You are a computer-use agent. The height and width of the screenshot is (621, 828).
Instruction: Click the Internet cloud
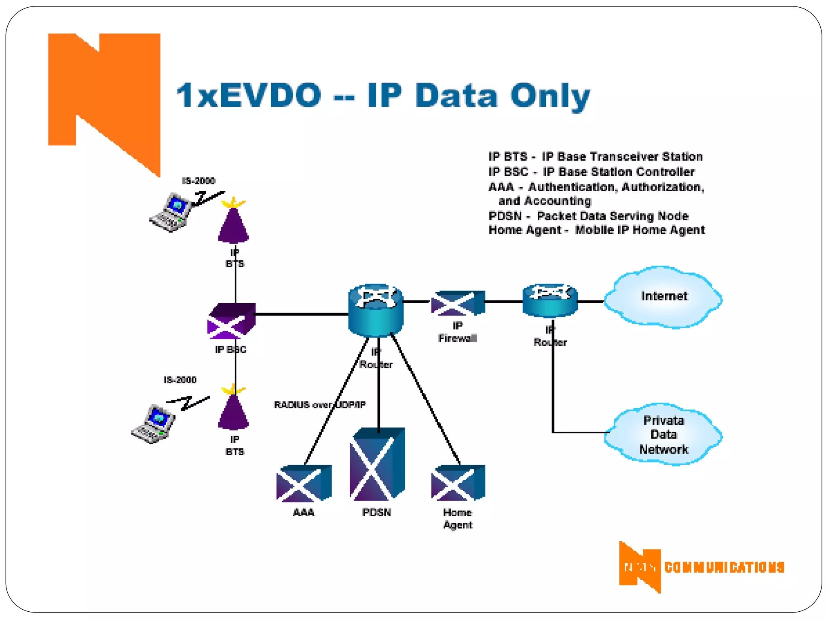coord(663,297)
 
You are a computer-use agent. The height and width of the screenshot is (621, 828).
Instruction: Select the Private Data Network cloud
coord(663,435)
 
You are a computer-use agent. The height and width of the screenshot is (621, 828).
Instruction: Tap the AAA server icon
coord(304,483)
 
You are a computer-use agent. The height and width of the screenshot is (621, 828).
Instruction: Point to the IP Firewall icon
coord(458,303)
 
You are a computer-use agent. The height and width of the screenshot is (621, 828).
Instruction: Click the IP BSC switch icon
coord(232,321)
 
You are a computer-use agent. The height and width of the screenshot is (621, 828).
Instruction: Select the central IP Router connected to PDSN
coord(376,310)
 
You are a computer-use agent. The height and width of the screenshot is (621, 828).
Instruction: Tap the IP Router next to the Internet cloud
coord(550,300)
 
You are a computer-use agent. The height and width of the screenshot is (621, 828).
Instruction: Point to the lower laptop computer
coord(154,424)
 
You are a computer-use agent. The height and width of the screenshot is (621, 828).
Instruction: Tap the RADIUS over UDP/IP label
coord(320,405)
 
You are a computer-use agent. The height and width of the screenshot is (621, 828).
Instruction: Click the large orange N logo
coord(104,97)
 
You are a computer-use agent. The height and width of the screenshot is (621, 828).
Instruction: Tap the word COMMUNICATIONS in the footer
coord(724,567)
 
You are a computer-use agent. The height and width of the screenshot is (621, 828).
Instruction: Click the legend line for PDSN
coord(588,216)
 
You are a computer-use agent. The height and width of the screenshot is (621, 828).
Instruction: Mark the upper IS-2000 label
coord(199,181)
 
